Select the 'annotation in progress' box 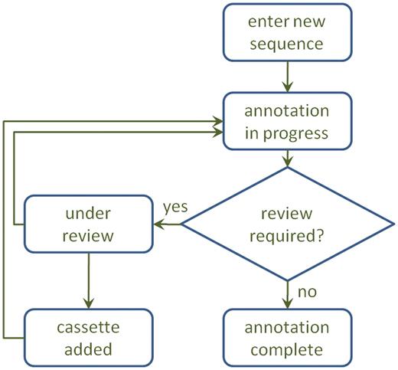[x=287, y=121]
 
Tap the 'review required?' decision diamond [x=287, y=224]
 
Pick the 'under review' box [x=88, y=224]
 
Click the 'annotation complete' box [x=287, y=337]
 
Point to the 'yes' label [x=175, y=207]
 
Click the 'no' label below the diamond [x=306, y=292]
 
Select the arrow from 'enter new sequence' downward [x=287, y=75]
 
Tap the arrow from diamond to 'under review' [x=168, y=224]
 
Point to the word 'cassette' [x=88, y=327]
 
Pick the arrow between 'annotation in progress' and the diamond [x=287, y=159]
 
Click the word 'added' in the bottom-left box [x=88, y=349]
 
